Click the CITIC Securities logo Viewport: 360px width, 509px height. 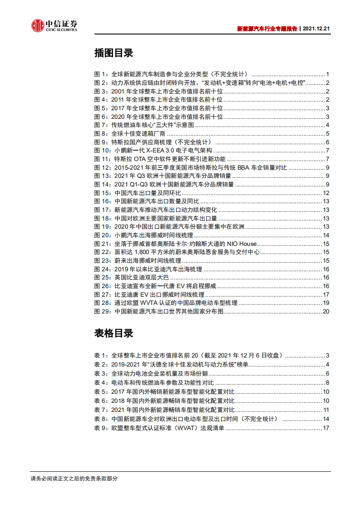click(54, 25)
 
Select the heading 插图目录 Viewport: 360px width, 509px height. click(113, 53)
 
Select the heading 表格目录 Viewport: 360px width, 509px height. click(113, 333)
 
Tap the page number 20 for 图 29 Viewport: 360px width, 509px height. click(325, 312)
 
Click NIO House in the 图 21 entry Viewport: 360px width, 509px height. click(241, 244)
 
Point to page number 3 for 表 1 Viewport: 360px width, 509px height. click(327, 356)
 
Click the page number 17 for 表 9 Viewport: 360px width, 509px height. click(325, 428)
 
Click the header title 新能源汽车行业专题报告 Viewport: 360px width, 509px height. click(267, 28)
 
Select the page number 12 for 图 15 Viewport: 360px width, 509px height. click(325, 193)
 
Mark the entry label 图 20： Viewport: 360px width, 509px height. click(104, 235)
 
